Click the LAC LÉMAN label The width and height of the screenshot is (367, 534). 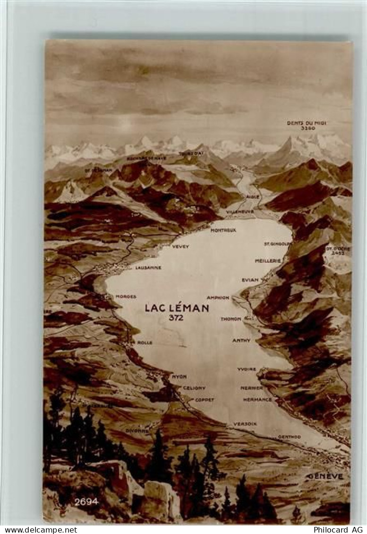point(177,308)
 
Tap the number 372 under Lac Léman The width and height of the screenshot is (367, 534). point(176,318)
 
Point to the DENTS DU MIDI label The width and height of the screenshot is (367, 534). point(307,123)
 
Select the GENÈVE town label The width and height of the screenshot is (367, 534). point(325,476)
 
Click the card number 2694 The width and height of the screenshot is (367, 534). point(86,501)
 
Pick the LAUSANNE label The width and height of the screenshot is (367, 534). point(148,267)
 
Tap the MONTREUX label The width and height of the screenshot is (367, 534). point(223,230)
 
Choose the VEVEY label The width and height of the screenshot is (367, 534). point(180,246)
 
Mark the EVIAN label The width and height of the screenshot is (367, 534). point(250,280)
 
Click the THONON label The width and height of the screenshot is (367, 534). point(231,319)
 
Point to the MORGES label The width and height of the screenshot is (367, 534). point(126,297)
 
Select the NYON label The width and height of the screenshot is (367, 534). point(179,376)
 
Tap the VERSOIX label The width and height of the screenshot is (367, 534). point(245,424)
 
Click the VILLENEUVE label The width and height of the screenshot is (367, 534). point(239,212)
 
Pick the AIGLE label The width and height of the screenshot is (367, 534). point(253,196)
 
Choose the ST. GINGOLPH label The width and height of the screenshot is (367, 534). point(276,244)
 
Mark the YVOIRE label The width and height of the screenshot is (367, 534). point(247,369)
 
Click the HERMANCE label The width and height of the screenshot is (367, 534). point(257,400)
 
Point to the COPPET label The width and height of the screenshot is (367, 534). point(205,400)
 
